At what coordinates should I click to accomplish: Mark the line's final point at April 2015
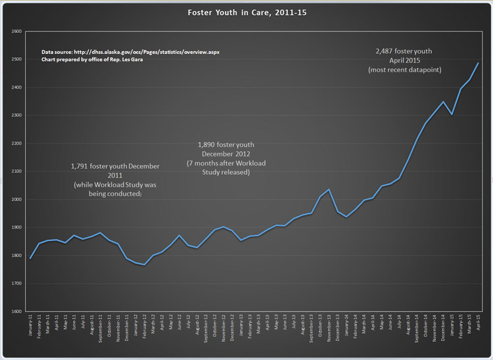[478, 63]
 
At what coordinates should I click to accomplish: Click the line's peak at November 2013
[329, 189]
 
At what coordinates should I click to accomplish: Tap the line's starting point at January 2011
[31, 259]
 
